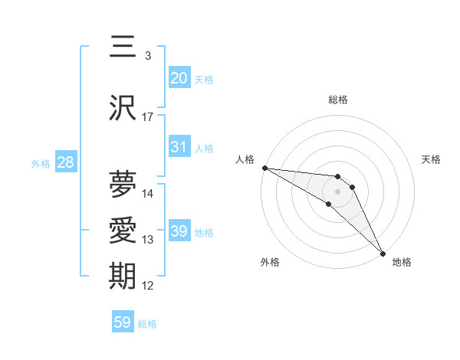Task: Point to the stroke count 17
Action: pyautogui.click(x=148, y=117)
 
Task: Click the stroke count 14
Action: pyautogui.click(x=148, y=194)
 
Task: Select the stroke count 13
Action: pyautogui.click(x=148, y=241)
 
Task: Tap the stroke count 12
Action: pyautogui.click(x=148, y=286)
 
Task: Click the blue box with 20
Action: pyautogui.click(x=179, y=78)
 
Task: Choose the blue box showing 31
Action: pyautogui.click(x=179, y=147)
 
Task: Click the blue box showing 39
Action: pyautogui.click(x=179, y=231)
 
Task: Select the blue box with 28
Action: pyautogui.click(x=65, y=162)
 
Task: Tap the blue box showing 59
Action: pyautogui.click(x=122, y=322)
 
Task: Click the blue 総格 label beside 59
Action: pyautogui.click(x=147, y=324)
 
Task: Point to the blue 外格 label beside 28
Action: pyautogui.click(x=40, y=164)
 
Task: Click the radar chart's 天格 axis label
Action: pyautogui.click(x=431, y=159)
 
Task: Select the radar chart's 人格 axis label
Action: pyautogui.click(x=245, y=159)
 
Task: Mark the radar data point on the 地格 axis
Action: pyautogui.click(x=383, y=254)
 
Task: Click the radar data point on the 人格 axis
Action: pyautogui.click(x=264, y=168)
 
